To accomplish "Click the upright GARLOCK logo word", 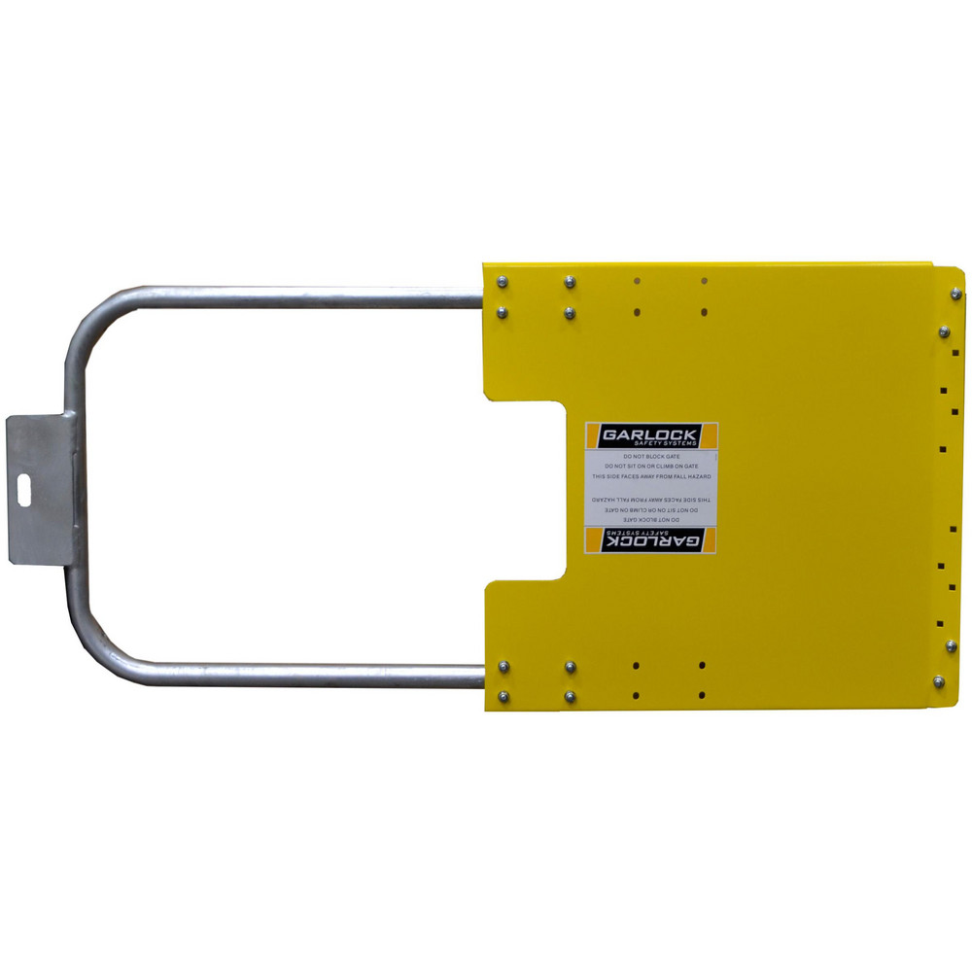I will (x=650, y=434).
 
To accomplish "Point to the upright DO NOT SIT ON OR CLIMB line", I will (x=650, y=467).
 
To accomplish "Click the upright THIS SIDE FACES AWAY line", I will (x=650, y=477).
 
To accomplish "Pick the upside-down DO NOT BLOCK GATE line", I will (x=650, y=520).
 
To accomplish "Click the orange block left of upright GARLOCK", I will (x=591, y=435).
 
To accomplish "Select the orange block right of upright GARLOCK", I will (x=709, y=435).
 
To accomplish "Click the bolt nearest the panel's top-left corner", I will (x=503, y=282).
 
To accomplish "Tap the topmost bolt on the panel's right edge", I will (x=955, y=294).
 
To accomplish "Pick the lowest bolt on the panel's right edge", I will (x=939, y=681).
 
